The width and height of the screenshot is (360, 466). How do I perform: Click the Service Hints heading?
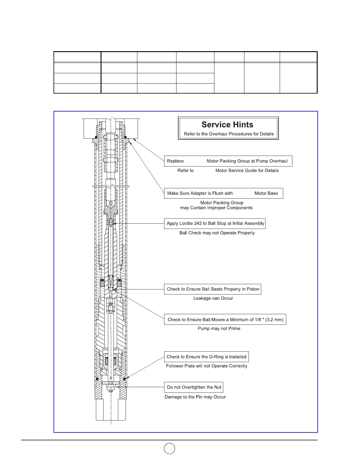point(227,125)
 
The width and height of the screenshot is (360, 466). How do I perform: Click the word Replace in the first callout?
point(175,161)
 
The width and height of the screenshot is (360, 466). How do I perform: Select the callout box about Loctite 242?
point(215,223)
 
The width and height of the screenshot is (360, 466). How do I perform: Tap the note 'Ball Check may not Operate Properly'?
point(217,233)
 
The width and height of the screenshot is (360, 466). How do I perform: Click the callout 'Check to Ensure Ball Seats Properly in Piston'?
point(213,289)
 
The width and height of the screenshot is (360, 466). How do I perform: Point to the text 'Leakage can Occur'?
point(213,298)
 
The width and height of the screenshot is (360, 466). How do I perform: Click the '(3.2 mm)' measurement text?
point(274,319)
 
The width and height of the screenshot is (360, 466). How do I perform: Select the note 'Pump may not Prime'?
point(219,328)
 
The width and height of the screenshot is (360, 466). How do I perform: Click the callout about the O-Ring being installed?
point(206,357)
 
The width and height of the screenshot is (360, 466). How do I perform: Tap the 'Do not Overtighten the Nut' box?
point(194,387)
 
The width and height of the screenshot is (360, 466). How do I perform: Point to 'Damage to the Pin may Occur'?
point(195,397)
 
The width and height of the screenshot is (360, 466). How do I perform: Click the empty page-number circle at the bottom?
point(169,448)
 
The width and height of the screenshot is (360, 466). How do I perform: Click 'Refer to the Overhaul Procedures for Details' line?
point(229,134)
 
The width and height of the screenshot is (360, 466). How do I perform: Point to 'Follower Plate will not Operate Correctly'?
point(206,366)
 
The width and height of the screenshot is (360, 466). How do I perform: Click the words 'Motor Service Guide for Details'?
point(247,170)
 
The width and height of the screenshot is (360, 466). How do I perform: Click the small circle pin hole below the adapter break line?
point(111,203)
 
